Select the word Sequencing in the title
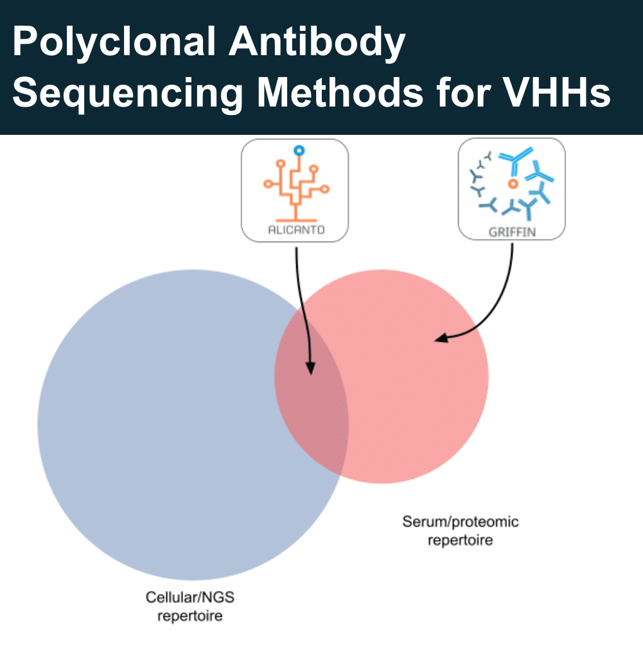128,94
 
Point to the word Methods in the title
340,92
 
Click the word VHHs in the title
558,92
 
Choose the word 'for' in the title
464,92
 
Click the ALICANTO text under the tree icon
296,229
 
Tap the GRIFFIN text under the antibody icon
512,232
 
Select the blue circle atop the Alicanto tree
299,150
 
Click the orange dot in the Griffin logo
513,184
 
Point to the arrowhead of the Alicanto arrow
311,367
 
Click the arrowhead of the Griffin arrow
441,339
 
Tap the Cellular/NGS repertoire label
189,606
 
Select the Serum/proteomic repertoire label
461,531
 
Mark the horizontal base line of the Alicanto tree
296,220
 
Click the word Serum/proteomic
461,522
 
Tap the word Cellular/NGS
189,597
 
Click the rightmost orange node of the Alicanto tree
324,190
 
